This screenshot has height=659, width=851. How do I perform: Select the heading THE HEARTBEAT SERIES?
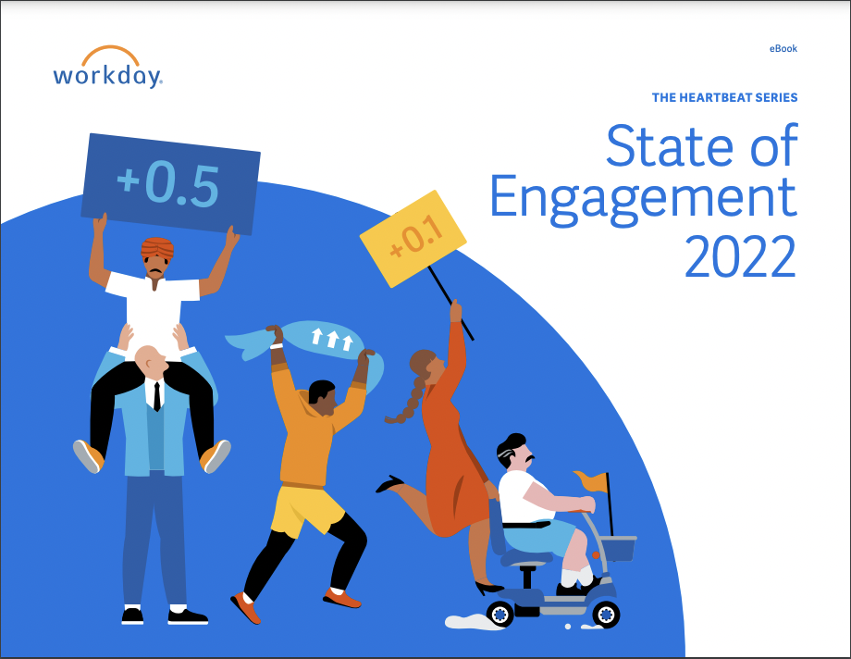(x=724, y=97)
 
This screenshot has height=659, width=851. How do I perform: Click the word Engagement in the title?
(x=643, y=195)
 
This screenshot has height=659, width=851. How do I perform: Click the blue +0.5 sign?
(x=168, y=184)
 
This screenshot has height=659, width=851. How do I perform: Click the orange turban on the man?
(x=157, y=247)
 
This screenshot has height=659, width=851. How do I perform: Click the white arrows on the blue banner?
(x=330, y=339)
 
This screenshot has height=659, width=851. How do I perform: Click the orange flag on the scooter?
(x=592, y=482)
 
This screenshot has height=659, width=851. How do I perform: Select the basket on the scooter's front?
(x=618, y=549)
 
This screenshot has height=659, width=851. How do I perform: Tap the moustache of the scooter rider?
(x=529, y=458)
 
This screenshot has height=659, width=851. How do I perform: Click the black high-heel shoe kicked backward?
(x=389, y=484)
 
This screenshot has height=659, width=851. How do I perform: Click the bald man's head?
(x=147, y=360)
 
